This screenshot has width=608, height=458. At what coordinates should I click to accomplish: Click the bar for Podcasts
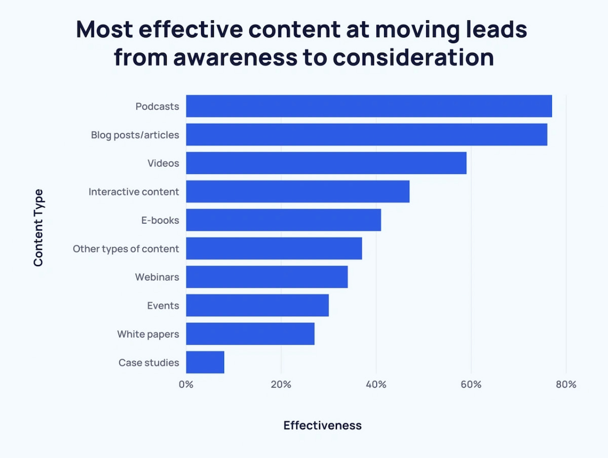pos(369,106)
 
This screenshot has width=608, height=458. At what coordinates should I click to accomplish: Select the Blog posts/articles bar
pos(366,135)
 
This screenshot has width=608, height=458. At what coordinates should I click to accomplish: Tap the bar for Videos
pos(326,163)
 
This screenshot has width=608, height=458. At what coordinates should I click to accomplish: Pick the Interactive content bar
pos(297,192)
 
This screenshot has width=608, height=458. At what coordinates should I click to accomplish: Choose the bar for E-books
pos(283,220)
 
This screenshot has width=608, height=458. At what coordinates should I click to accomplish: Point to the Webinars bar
pos(267,277)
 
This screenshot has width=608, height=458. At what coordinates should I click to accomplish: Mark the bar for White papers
pos(250,334)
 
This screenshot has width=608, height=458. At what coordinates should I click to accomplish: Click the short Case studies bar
pos(205,362)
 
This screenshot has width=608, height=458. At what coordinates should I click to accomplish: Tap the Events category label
pos(163,306)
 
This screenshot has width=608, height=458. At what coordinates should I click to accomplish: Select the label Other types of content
pos(126,249)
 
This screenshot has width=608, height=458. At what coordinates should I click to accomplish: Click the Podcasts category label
pos(157,106)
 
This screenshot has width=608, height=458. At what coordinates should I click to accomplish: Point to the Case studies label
pos(148,363)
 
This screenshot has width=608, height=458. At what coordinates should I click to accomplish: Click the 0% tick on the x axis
pos(186,384)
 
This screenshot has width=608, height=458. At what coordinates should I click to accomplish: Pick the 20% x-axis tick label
pos(281,384)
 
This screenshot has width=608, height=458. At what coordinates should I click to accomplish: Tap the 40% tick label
pos(376,384)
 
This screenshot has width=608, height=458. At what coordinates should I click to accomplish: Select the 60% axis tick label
pos(471,384)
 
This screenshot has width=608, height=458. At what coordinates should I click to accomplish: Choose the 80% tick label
pos(566,384)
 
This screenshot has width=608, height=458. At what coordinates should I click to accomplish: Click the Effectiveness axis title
pos(322,425)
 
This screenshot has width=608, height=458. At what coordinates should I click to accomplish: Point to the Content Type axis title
pos(39,227)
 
